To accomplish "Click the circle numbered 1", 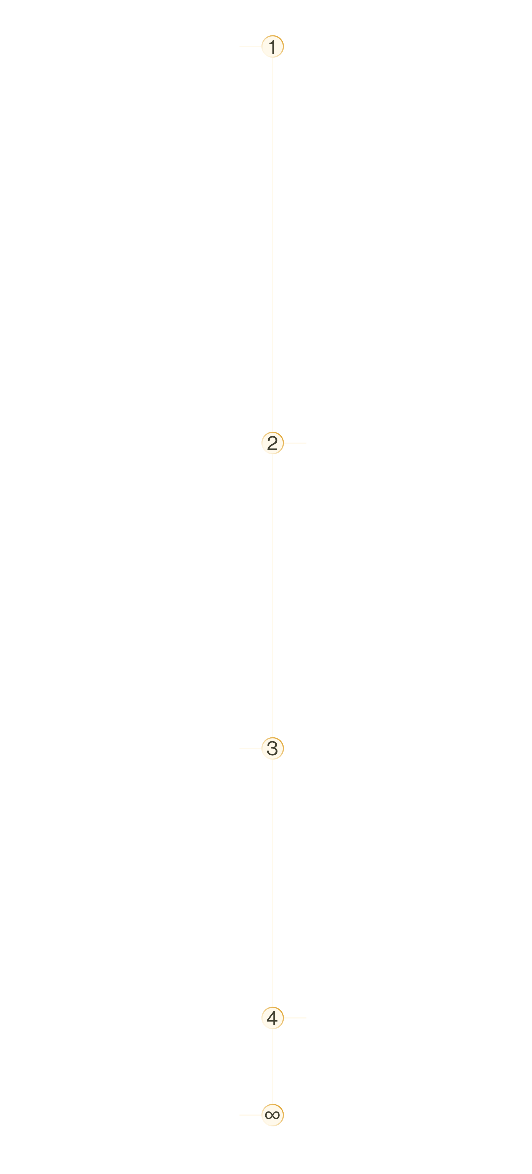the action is point(273,46).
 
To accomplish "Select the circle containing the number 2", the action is point(273,443).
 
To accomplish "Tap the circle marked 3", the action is point(273,748).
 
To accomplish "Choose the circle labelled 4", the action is point(273,1018).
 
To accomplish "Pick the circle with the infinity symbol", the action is point(273,1115).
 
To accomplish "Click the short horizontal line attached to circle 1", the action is point(250,46).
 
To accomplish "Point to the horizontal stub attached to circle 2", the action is point(295,443).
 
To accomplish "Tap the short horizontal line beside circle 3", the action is point(250,748).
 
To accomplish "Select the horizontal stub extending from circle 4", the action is point(295,1018).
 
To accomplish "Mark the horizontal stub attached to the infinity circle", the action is point(250,1115).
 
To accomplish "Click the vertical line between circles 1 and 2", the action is point(273,245).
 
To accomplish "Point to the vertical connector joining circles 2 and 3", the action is point(273,596).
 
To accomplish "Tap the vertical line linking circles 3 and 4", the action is point(273,883).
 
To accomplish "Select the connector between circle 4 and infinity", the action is point(273,1066).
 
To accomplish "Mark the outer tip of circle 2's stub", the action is point(306,443).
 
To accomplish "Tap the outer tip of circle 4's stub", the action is point(306,1018).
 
